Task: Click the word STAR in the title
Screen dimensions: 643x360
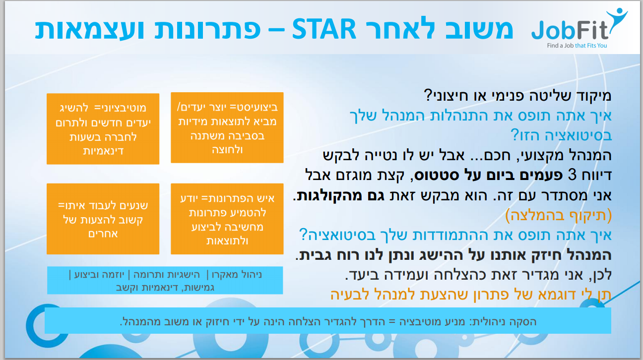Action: [x=324, y=29]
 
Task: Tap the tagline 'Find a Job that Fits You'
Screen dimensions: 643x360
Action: [x=577, y=46]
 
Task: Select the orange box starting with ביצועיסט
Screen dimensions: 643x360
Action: [x=227, y=127]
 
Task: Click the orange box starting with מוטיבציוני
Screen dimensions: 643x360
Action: [x=103, y=129]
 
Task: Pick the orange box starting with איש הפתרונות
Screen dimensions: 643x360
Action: [x=227, y=219]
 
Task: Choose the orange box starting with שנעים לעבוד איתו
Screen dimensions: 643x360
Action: [x=103, y=219]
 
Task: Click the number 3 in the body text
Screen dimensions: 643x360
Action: [x=572, y=175]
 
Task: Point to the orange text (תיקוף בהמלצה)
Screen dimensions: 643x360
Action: [x=558, y=215]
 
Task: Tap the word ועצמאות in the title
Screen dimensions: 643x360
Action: [x=89, y=30]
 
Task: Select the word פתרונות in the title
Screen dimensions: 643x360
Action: [x=207, y=30]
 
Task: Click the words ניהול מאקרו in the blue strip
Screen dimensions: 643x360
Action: [x=237, y=275]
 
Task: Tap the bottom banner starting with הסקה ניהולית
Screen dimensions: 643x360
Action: [x=328, y=321]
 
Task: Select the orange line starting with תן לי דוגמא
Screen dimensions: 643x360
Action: [x=471, y=295]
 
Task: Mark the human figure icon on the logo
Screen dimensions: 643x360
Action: [x=618, y=19]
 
